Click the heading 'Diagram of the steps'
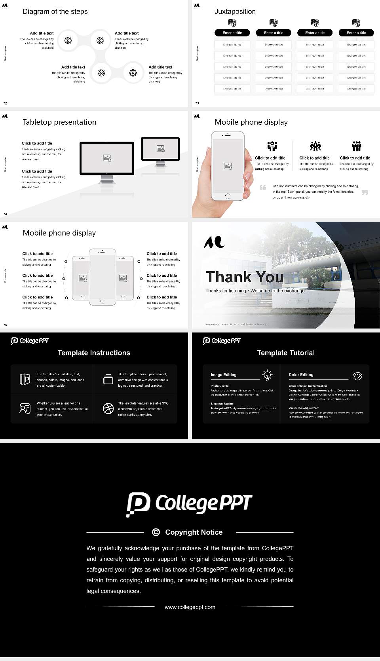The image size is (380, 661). (55, 11)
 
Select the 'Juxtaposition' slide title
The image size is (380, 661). (235, 11)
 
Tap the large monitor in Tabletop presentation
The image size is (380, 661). (107, 158)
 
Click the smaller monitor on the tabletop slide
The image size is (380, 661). (160, 149)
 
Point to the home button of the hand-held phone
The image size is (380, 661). (227, 196)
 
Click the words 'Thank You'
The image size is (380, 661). (244, 277)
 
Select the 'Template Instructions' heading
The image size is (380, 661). (94, 353)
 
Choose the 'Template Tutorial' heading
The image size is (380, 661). (286, 353)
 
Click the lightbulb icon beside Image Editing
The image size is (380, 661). (267, 375)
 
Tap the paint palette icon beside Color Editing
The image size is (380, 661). (357, 376)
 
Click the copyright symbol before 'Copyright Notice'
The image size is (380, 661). (156, 532)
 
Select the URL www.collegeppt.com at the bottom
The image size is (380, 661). (190, 607)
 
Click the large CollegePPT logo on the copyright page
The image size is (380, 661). (189, 504)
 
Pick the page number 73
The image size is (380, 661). (197, 103)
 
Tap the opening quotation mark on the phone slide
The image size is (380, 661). (262, 187)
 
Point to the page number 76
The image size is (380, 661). (5, 325)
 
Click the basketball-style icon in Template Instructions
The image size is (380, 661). (108, 408)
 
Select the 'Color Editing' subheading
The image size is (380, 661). (301, 374)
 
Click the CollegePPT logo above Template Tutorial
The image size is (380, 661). (221, 341)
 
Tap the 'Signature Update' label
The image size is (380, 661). (222, 404)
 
